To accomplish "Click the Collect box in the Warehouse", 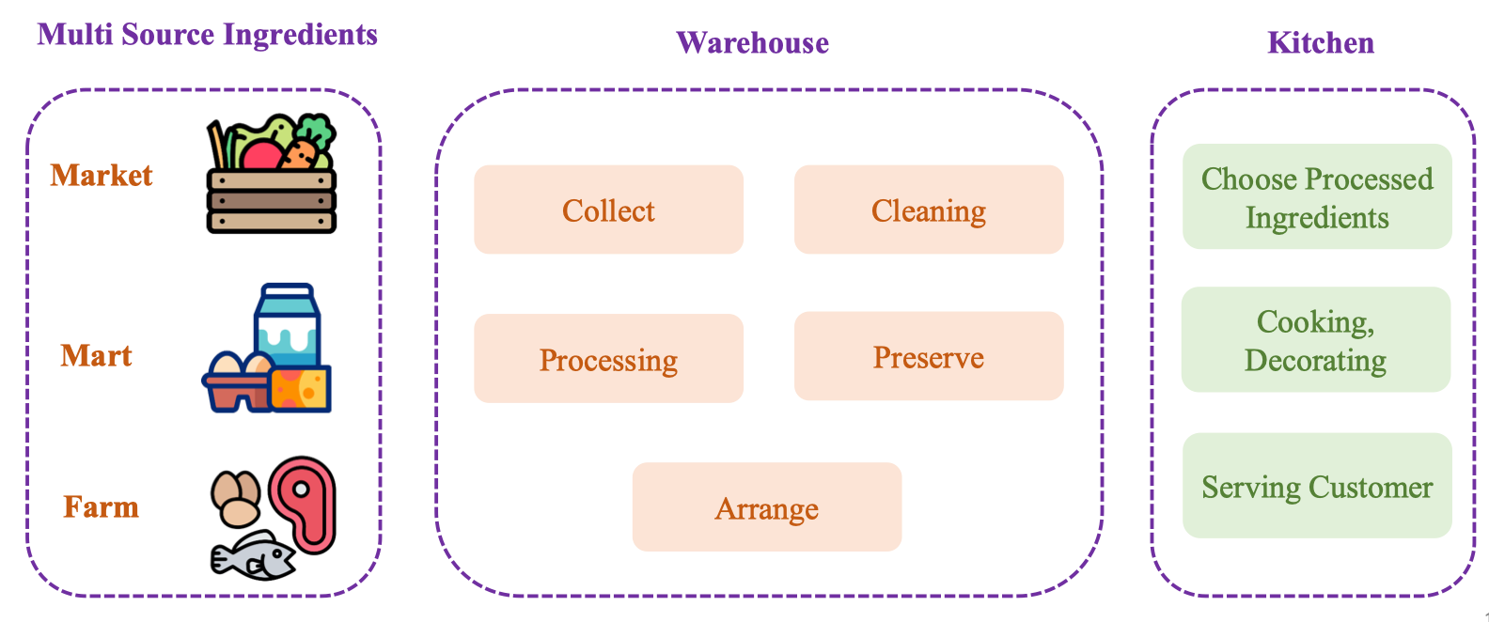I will pyautogui.click(x=608, y=210).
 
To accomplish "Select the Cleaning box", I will pyautogui.click(x=928, y=210).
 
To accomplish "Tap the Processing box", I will pyautogui.click(x=608, y=359).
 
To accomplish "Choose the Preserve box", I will pyautogui.click(x=928, y=357).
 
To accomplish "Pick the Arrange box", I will pyautogui.click(x=766, y=507).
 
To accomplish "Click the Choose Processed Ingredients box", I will pyautogui.click(x=1316, y=197).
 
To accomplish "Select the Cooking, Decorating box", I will pyautogui.click(x=1315, y=340).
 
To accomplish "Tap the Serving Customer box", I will pyautogui.click(x=1316, y=487).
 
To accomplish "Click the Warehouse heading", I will pyautogui.click(x=752, y=43).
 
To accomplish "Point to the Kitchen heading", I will pyautogui.click(x=1320, y=43).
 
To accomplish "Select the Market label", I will pyautogui.click(x=102, y=176).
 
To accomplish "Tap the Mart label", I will pyautogui.click(x=96, y=356).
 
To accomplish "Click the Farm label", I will pyautogui.click(x=101, y=507).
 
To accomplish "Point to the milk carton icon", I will pyautogui.click(x=288, y=324).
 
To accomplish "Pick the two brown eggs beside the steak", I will pyautogui.click(x=235, y=498).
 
